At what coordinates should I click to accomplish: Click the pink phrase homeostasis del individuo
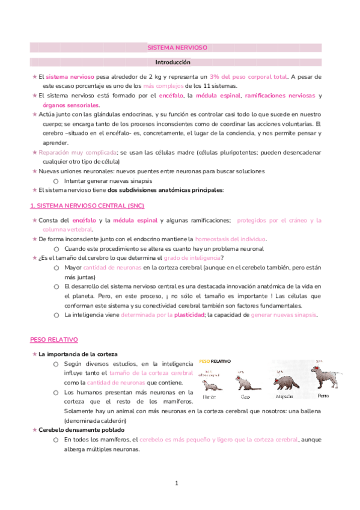[x=230, y=239]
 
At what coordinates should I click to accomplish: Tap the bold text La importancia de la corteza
[x=78, y=354]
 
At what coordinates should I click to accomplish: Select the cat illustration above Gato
[x=246, y=383]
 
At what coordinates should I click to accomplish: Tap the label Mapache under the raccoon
[x=284, y=397]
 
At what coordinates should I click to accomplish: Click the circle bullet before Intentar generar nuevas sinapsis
[x=55, y=181]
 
